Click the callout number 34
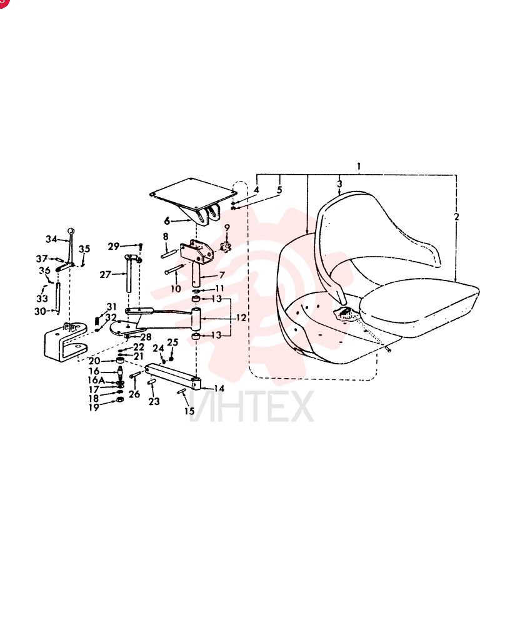pyautogui.click(x=51, y=239)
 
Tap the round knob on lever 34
pyautogui.click(x=71, y=231)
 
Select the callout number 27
pyautogui.click(x=105, y=275)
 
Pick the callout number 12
pyautogui.click(x=241, y=318)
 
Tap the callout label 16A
pyautogui.click(x=96, y=380)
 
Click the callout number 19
pyautogui.click(x=94, y=408)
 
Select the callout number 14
pyautogui.click(x=219, y=389)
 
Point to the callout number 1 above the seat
pyautogui.click(x=359, y=166)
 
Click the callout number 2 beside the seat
pyautogui.click(x=456, y=217)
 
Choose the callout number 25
pyautogui.click(x=172, y=342)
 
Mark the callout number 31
pyautogui.click(x=112, y=307)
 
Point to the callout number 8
pyautogui.click(x=166, y=237)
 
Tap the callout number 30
pyautogui.click(x=40, y=311)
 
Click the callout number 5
pyautogui.click(x=279, y=190)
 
